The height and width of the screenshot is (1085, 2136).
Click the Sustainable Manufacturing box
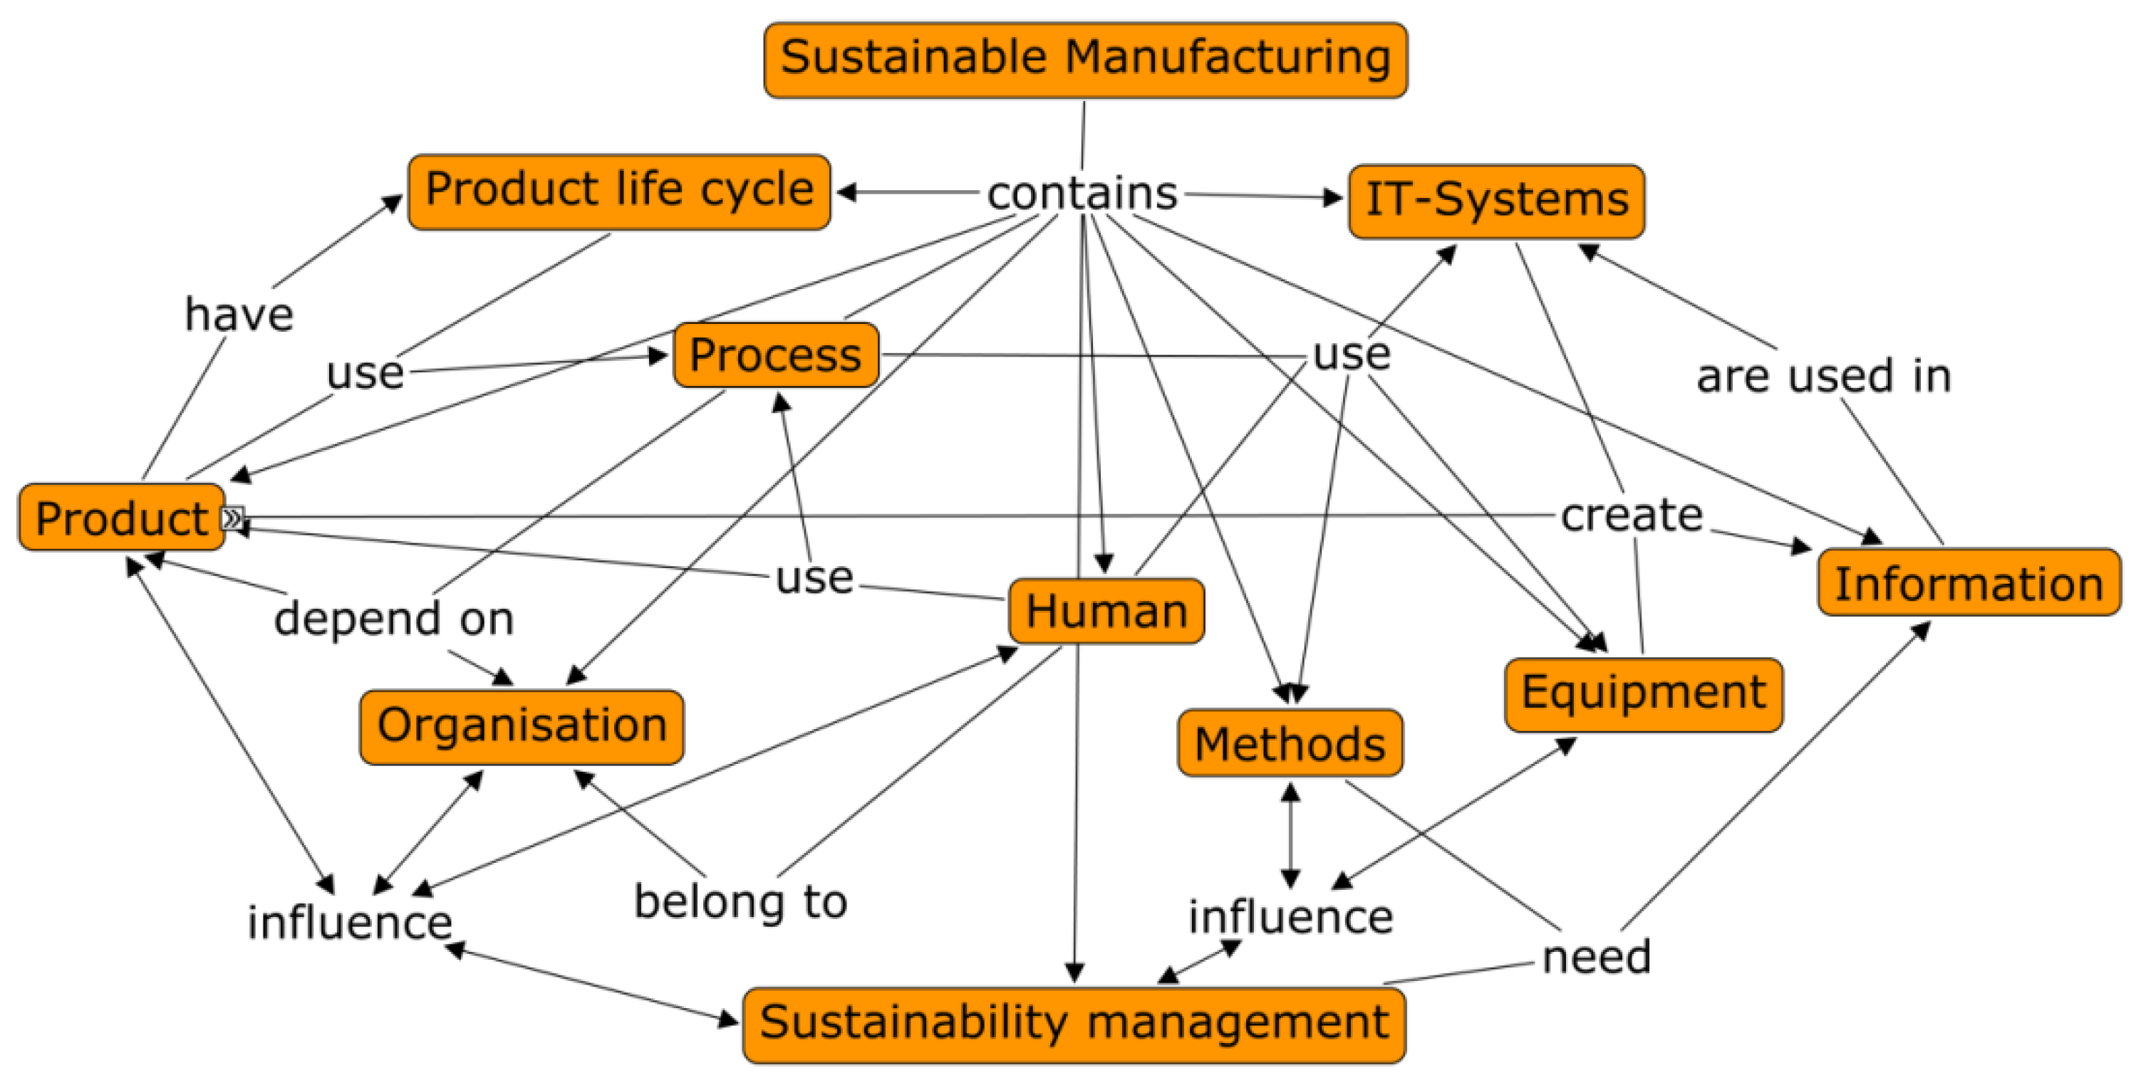click(x=1084, y=60)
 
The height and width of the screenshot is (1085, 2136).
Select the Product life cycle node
click(x=618, y=192)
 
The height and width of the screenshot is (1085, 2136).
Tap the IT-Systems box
click(x=1496, y=201)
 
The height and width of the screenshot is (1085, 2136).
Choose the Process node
click(x=775, y=355)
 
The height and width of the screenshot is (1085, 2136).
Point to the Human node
click(x=1106, y=612)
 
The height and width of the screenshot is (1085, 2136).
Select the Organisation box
click(x=522, y=727)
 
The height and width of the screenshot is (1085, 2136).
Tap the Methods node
click(x=1290, y=743)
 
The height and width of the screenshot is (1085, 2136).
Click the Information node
click(x=1969, y=582)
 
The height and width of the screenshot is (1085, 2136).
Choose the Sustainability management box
click(x=1074, y=1024)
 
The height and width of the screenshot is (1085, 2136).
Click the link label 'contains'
click(x=1082, y=194)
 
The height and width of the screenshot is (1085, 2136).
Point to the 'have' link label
click(x=239, y=315)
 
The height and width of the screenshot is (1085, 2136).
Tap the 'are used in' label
click(x=1823, y=377)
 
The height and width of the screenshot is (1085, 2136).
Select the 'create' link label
click(x=1631, y=516)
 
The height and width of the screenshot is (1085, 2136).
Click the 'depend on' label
click(x=394, y=619)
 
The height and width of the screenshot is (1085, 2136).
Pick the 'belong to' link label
click(x=740, y=902)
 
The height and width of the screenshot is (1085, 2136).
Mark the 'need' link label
click(x=1596, y=958)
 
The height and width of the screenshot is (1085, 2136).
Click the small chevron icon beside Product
click(x=233, y=518)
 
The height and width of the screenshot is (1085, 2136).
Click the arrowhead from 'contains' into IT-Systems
click(x=1334, y=198)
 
